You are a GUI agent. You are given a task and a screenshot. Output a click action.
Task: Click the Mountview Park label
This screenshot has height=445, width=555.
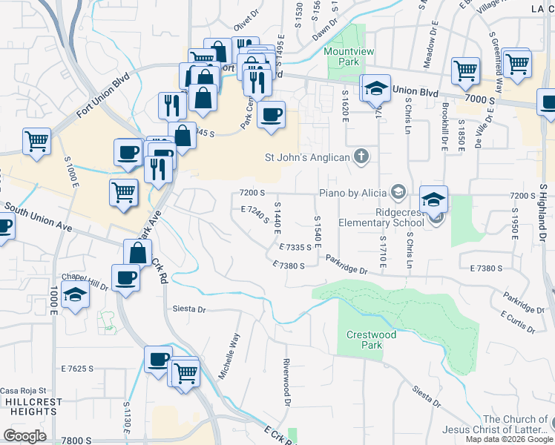click(x=343, y=57)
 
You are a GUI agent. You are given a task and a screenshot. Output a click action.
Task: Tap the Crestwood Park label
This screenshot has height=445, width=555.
click(x=371, y=340)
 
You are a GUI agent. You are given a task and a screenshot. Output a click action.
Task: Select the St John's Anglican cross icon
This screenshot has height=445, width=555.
click(x=361, y=156)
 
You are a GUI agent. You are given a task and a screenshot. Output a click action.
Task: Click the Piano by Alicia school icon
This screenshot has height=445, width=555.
click(x=398, y=193)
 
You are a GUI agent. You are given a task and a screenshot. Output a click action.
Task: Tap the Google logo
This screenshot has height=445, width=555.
click(x=24, y=435)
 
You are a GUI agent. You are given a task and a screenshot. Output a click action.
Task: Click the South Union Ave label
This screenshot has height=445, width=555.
click(x=39, y=216)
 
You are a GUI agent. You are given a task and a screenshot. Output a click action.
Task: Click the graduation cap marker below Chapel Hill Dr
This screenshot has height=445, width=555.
click(x=74, y=295)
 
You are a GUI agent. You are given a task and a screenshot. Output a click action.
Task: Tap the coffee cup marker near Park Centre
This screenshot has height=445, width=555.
click(x=272, y=114)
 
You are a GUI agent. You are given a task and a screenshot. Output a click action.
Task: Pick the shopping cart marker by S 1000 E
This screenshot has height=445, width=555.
click(x=36, y=139)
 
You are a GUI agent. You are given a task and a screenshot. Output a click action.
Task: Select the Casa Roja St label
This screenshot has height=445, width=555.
click(x=23, y=390)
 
